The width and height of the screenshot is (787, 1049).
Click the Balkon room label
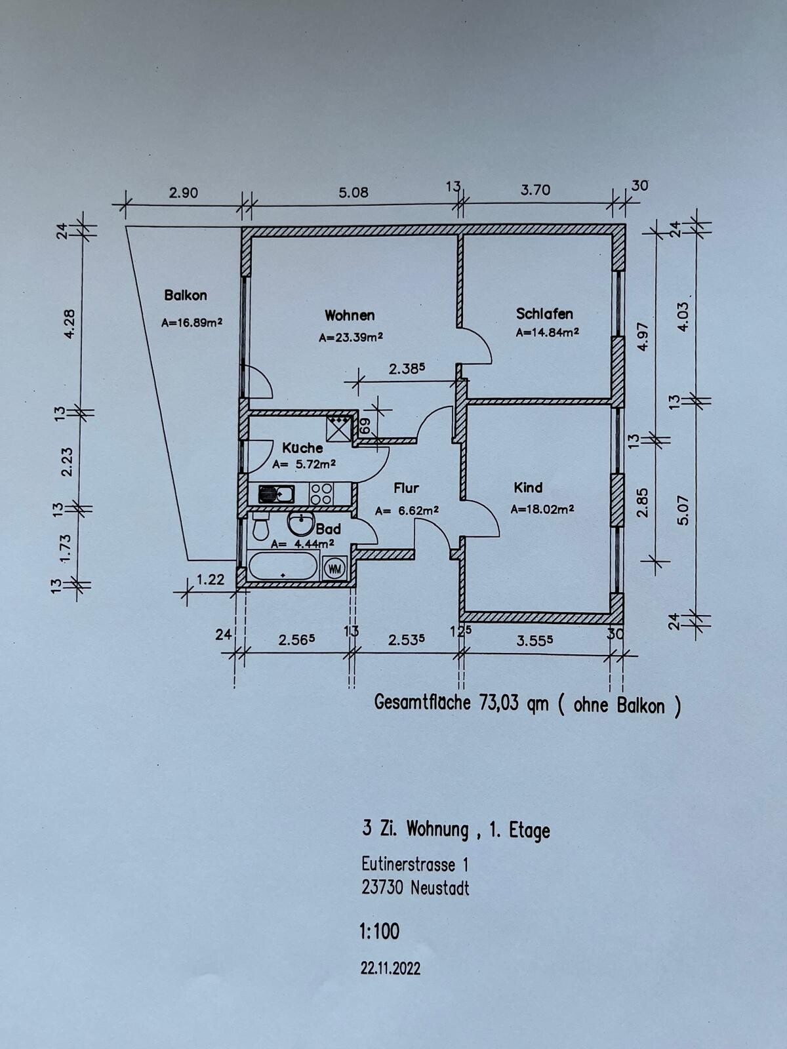tap(186, 295)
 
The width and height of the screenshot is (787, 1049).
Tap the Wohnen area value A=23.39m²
tap(351, 338)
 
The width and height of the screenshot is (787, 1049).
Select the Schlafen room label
tap(544, 314)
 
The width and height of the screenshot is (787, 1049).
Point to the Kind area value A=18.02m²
tap(542, 509)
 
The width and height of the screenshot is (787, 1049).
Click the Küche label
tap(302, 448)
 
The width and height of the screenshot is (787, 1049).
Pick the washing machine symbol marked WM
tap(334, 568)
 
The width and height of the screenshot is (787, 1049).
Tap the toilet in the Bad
tap(261, 526)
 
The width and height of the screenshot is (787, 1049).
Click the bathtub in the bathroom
tap(283, 565)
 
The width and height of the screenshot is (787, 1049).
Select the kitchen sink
tap(277, 494)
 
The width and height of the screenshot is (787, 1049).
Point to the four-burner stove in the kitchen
tap(321, 494)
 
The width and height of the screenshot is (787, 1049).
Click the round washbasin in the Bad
tap(300, 523)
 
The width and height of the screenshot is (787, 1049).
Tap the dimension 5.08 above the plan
tap(353, 193)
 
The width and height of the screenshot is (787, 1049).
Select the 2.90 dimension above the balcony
tap(184, 193)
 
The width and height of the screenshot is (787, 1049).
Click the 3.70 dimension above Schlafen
tap(535, 190)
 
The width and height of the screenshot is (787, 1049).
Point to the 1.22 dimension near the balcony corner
tap(211, 580)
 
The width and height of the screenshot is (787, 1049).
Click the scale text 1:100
tap(380, 932)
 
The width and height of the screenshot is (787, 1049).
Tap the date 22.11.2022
tap(391, 969)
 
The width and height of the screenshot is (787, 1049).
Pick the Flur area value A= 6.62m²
tap(407, 511)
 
